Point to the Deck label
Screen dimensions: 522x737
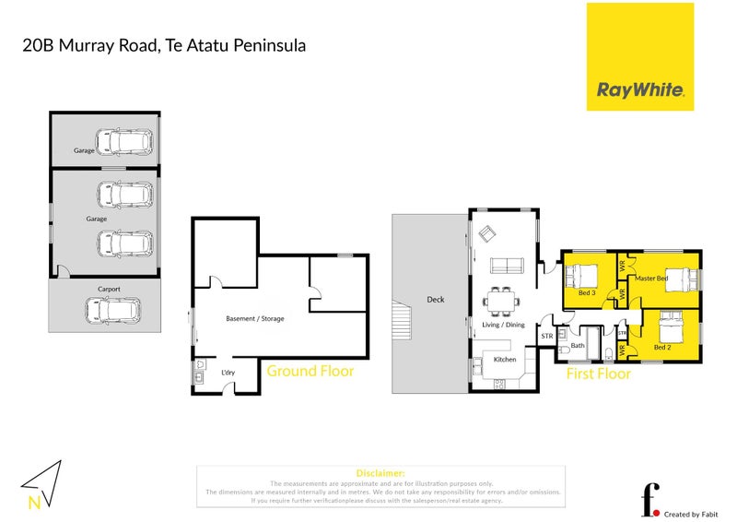tap(436, 299)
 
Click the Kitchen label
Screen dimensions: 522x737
tap(504, 359)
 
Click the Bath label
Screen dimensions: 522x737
tap(579, 346)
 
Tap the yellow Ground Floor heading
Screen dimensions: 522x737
tap(310, 372)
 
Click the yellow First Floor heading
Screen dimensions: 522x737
tap(598, 374)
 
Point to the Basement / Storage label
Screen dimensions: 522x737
tap(255, 319)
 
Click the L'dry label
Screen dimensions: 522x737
tap(228, 372)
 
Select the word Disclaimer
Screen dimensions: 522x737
tap(380, 473)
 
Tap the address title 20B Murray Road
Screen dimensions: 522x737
tap(164, 44)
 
